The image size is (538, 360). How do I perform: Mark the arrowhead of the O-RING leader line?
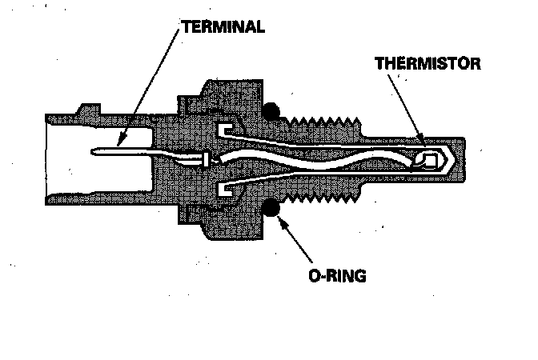point(280,218)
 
